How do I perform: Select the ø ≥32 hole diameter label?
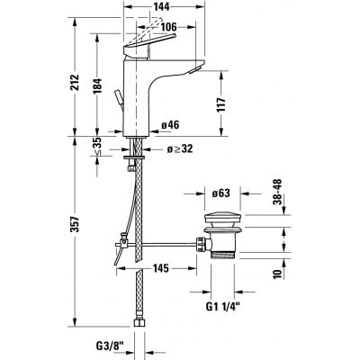179,149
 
